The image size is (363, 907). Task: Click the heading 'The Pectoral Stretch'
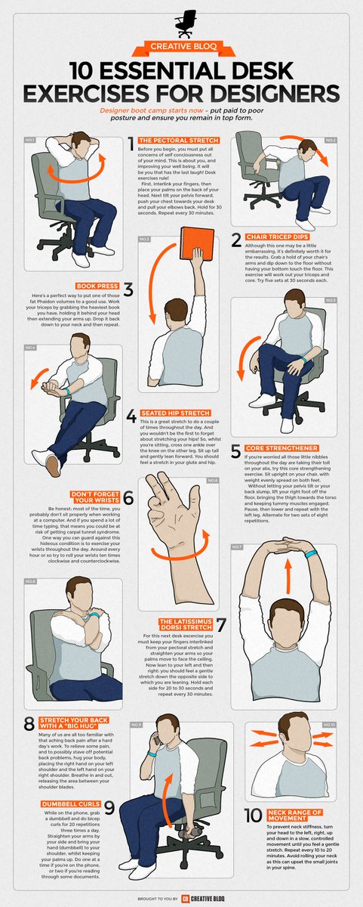pos(179,141)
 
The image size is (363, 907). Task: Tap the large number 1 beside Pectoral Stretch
pos(131,142)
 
